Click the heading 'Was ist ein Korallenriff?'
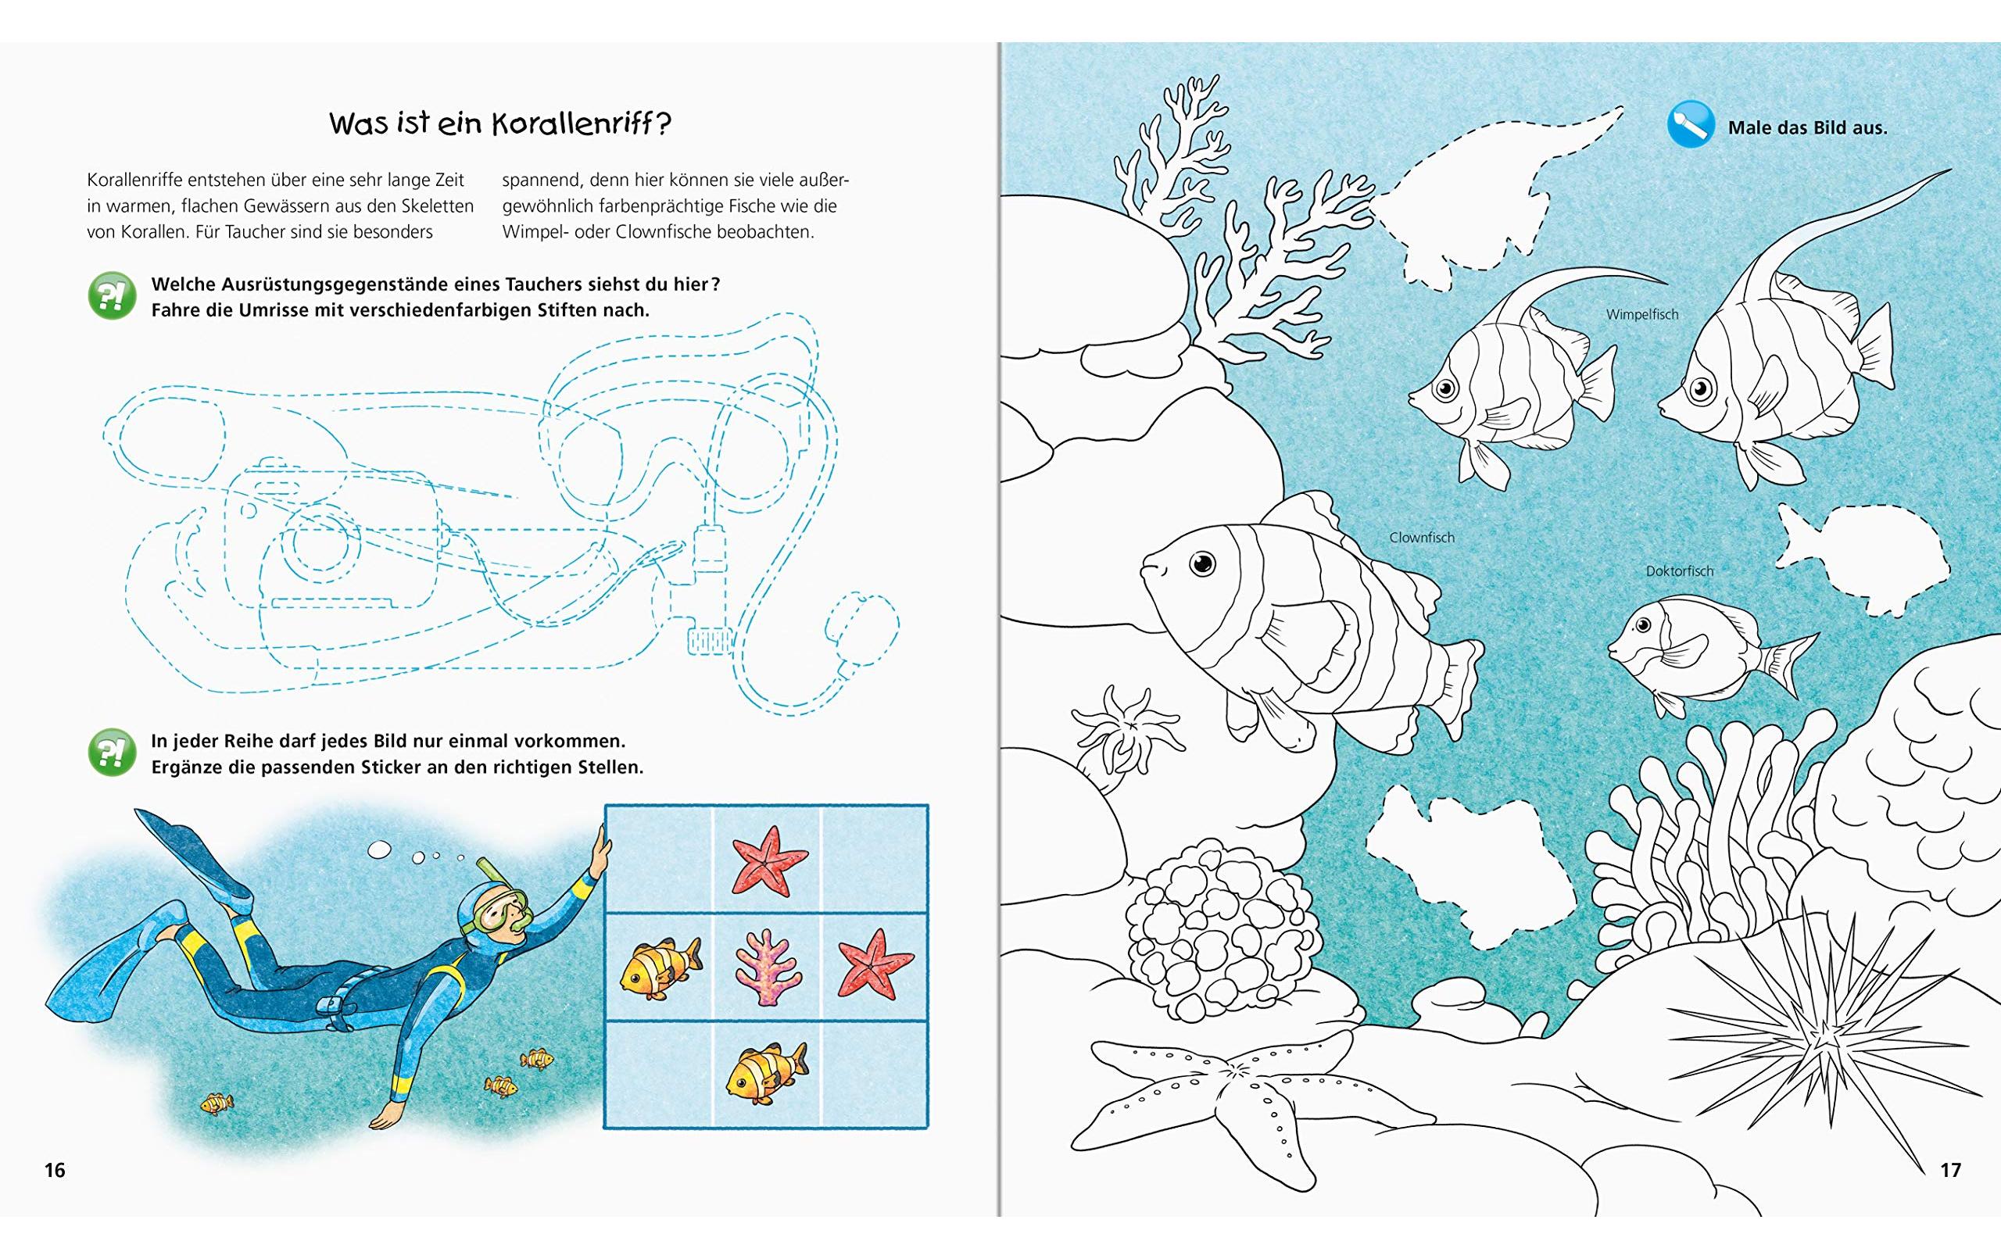pos(499,123)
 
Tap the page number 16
pos(54,1170)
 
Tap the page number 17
pos(1950,1170)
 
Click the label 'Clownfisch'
pos(1422,538)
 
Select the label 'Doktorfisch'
pos(1680,571)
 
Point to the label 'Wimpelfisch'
pos(1642,314)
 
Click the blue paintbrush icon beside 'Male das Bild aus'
pos(1690,125)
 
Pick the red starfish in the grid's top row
pos(769,860)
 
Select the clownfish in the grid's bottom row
pos(766,1073)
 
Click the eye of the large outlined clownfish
pos(1201,564)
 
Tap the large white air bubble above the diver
pos(379,849)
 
